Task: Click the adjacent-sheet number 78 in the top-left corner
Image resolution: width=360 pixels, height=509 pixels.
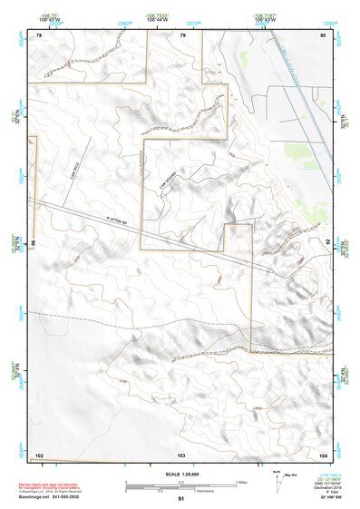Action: tap(39, 34)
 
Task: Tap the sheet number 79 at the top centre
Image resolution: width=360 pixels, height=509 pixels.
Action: tap(182, 34)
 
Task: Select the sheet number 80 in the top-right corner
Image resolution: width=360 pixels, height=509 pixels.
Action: tap(323, 34)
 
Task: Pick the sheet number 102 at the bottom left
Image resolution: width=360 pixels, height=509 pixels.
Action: tap(39, 454)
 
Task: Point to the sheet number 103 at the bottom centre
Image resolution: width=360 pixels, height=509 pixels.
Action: tap(180, 454)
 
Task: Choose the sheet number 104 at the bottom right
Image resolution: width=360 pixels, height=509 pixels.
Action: tap(323, 454)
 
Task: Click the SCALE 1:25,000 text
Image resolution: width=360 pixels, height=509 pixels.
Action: tap(180, 474)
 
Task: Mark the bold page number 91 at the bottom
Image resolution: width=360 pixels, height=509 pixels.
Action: tap(180, 500)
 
